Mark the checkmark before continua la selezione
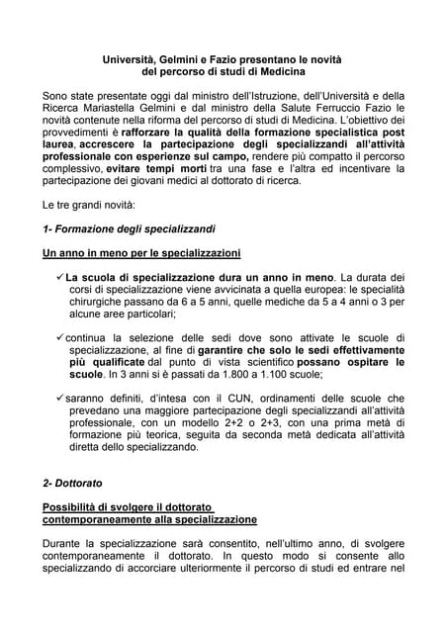coord(60,339)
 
